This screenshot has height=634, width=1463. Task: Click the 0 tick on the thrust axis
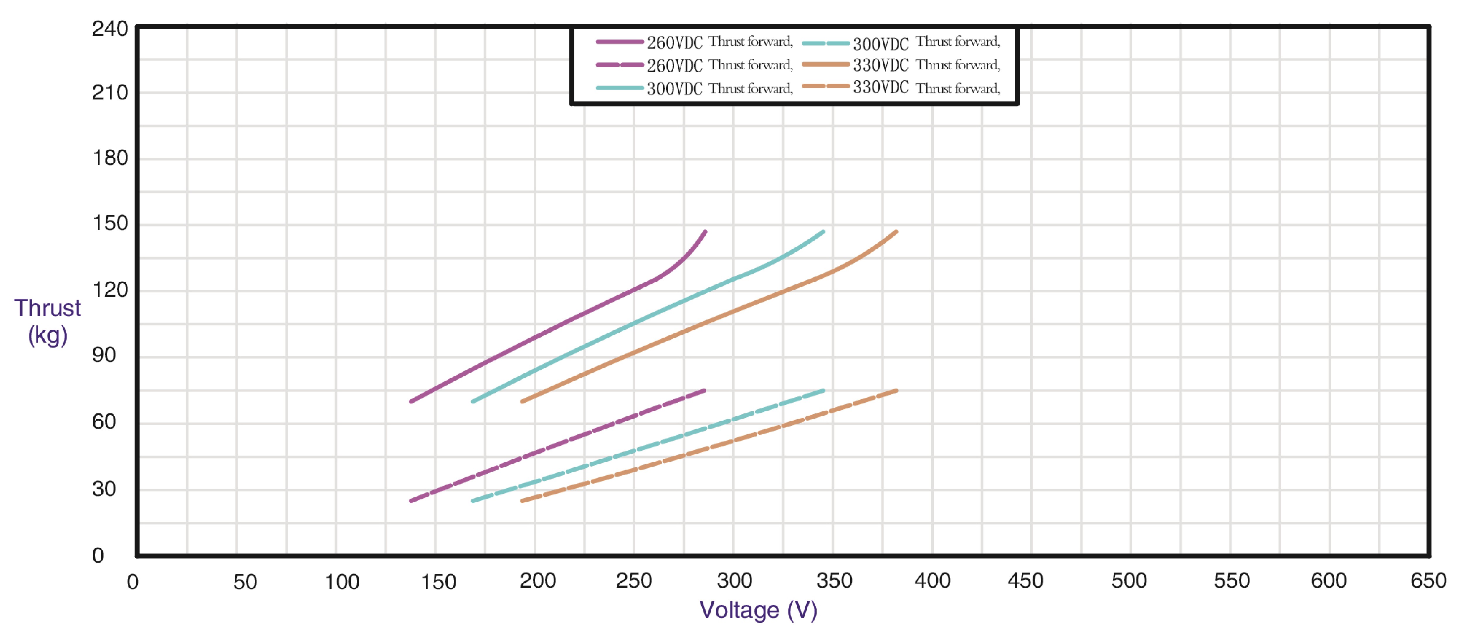pos(98,555)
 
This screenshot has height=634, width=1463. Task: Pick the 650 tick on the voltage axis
pos(1428,580)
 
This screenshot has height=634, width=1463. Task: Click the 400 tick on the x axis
pos(932,580)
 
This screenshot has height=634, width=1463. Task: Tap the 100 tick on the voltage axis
pos(341,582)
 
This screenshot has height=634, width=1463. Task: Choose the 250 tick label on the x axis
pos(634,580)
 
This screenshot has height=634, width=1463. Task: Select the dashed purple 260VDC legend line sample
pos(619,65)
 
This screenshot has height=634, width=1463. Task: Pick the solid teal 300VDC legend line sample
pos(619,88)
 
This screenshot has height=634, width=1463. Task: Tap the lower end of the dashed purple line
pos(411,501)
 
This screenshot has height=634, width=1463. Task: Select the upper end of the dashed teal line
pos(823,391)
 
